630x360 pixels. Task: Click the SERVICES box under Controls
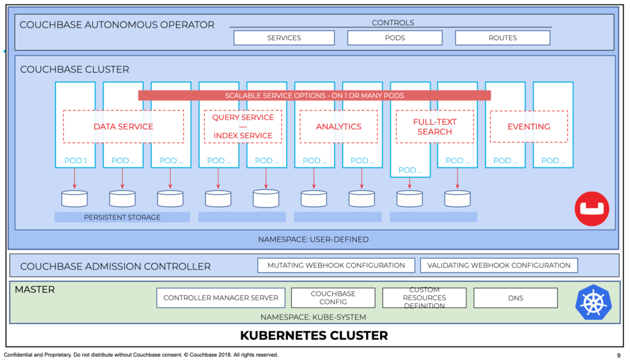coord(284,38)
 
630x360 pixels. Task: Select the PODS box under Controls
coord(394,38)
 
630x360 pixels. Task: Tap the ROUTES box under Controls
coord(503,38)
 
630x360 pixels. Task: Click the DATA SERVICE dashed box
coord(123,127)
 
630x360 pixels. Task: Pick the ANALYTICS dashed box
coord(338,127)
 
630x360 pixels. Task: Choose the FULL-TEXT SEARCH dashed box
coord(434,127)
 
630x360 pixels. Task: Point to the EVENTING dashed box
coord(528,127)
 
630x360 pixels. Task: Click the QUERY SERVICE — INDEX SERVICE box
coord(242,127)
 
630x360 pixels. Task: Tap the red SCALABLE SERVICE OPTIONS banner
coord(314,95)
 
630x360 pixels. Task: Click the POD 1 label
coord(75,161)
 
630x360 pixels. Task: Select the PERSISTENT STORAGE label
coord(122,217)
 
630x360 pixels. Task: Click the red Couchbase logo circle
coord(591,209)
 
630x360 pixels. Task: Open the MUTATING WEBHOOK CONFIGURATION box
coord(336,266)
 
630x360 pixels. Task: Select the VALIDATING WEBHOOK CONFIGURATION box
coord(499,266)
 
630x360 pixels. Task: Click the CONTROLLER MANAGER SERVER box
coord(220,298)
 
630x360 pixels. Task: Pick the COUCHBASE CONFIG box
coord(333,298)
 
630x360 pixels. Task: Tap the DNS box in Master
coord(516,298)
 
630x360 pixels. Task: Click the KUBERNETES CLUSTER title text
coord(314,336)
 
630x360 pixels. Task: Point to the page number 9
coord(618,355)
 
